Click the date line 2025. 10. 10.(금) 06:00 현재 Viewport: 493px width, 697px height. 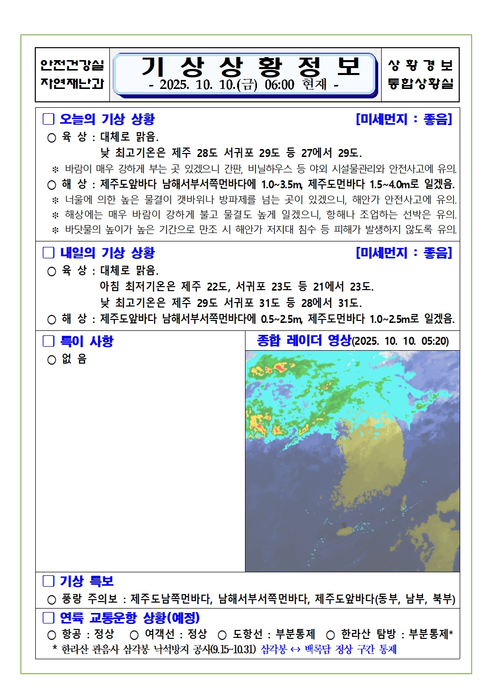pos(244,84)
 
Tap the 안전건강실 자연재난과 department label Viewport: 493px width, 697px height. pos(72,75)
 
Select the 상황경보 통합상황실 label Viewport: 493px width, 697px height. pos(420,75)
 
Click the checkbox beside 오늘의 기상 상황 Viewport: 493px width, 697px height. pos(48,119)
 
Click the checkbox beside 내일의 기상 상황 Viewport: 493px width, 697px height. pos(48,253)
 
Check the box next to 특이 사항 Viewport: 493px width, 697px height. pos(48,341)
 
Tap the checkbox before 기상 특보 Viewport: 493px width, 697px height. pos(48,581)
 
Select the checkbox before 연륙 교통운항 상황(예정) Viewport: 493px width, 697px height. pos(48,618)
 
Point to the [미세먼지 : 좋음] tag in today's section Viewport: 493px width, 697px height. pos(404,119)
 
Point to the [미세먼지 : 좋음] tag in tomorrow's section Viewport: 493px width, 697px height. pos(404,253)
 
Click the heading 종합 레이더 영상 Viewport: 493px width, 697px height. pos(304,341)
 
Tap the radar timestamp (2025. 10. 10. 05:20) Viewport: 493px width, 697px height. pos(401,341)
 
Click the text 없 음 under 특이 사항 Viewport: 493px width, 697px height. pos(74,359)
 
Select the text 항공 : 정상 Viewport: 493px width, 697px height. pos(88,634)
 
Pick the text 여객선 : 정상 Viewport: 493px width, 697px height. pos(175,634)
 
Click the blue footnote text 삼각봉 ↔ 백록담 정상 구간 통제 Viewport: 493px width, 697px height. pos(329,649)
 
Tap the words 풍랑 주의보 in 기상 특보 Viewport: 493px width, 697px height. pos(89,599)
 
